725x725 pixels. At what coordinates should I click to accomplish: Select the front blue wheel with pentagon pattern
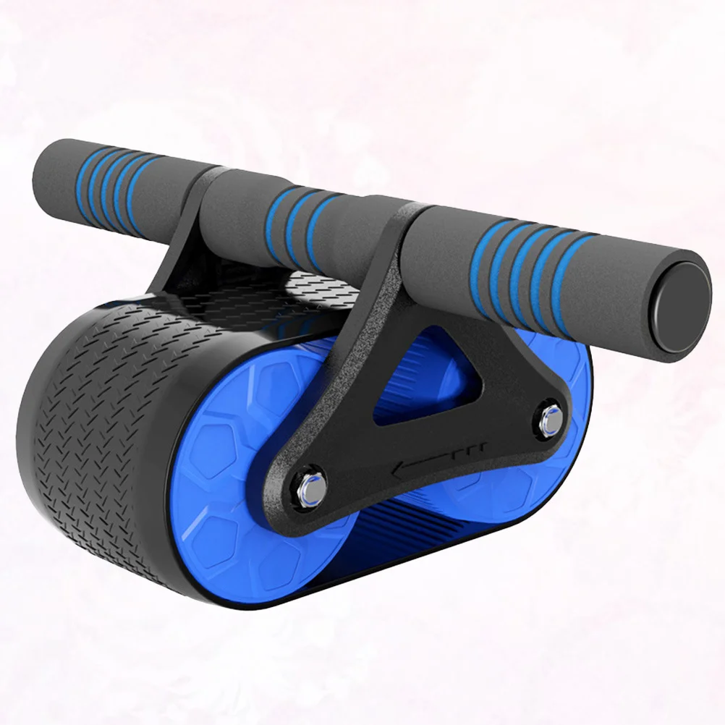[x=239, y=492]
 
